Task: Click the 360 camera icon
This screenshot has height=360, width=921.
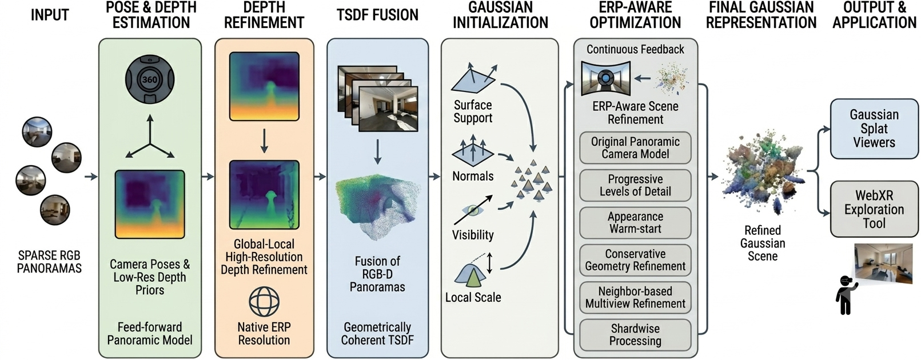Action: [x=150, y=80]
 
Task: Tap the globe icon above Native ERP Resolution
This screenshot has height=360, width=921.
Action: [x=264, y=302]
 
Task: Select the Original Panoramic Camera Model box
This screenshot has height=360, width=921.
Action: [x=635, y=147]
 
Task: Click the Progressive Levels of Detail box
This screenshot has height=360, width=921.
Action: [x=635, y=185]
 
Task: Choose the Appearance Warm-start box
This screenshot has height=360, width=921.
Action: [x=635, y=222]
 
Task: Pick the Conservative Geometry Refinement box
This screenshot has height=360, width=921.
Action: [x=635, y=260]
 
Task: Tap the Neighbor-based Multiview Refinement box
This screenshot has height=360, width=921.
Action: [x=635, y=297]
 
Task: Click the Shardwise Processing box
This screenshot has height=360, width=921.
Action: [x=635, y=334]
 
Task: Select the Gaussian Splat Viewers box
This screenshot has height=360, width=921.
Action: [x=874, y=129]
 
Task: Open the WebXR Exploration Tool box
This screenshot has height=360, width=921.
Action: [x=874, y=209]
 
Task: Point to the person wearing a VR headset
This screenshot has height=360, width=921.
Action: [x=846, y=295]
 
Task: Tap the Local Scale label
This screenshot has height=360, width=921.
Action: [x=473, y=297]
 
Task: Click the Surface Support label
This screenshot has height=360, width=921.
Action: [x=473, y=111]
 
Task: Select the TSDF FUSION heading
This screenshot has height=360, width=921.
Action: [x=377, y=15]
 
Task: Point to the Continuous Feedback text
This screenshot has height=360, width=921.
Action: [x=635, y=49]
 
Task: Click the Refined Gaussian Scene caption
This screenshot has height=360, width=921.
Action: [x=763, y=243]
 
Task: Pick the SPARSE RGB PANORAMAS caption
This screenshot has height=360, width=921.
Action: [x=49, y=262]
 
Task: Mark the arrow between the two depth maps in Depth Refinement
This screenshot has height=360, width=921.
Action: [x=264, y=141]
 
